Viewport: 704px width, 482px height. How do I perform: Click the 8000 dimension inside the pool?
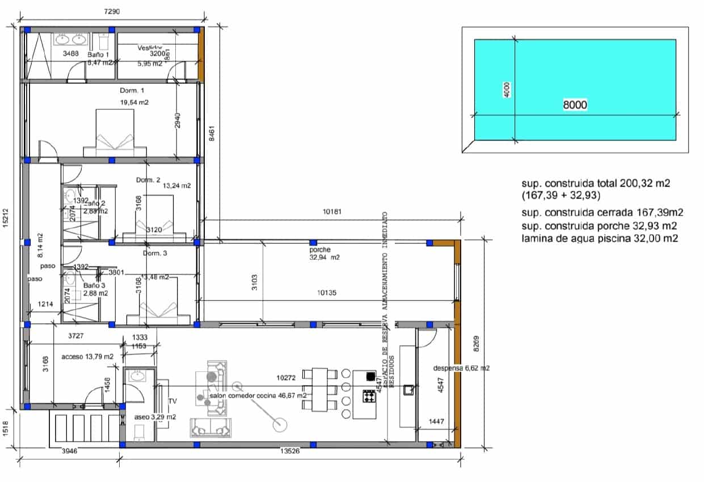pyautogui.click(x=574, y=105)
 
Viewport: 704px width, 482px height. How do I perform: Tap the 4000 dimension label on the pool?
pyautogui.click(x=507, y=90)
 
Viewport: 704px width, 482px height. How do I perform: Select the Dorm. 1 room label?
pyautogui.click(x=132, y=91)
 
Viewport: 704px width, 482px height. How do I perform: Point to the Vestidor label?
pyautogui.click(x=150, y=48)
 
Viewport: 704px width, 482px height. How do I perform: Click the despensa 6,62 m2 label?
pyautogui.click(x=461, y=368)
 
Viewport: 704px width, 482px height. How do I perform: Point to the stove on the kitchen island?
pyautogui.click(x=369, y=396)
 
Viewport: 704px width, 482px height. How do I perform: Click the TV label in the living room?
pyautogui.click(x=172, y=401)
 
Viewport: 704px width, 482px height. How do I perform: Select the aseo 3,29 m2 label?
pyautogui.click(x=154, y=417)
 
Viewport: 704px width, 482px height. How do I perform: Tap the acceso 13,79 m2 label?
pyautogui.click(x=87, y=356)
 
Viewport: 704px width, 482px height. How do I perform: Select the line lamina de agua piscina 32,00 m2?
pyautogui.click(x=600, y=239)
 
